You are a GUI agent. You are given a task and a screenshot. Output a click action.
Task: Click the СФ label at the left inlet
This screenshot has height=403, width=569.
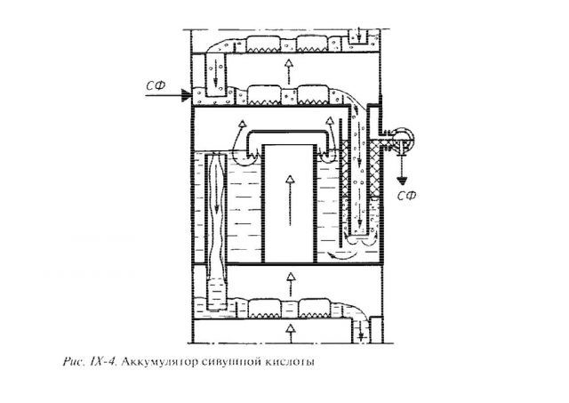pyautogui.click(x=156, y=85)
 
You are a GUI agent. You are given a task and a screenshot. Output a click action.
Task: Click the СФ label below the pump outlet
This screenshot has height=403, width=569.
pyautogui.click(x=406, y=196)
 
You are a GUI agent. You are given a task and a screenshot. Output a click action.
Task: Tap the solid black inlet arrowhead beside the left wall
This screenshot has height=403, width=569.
pyautogui.click(x=186, y=95)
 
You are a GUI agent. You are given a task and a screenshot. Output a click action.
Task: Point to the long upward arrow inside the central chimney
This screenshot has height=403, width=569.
pyautogui.click(x=290, y=200)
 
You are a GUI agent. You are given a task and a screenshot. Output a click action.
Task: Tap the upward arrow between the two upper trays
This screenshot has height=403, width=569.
pyautogui.click(x=289, y=72)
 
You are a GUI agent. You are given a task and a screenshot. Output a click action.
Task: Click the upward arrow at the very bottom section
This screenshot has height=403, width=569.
pyautogui.click(x=290, y=334)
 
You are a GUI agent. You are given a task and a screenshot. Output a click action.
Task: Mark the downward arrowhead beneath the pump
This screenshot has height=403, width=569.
pyautogui.click(x=401, y=181)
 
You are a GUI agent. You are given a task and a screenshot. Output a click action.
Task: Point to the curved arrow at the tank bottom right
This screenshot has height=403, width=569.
pyautogui.click(x=341, y=255)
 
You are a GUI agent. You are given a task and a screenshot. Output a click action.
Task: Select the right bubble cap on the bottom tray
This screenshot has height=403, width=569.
pyautogui.click(x=314, y=308)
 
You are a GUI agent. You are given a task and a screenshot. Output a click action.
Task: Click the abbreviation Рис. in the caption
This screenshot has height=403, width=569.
pyautogui.click(x=74, y=362)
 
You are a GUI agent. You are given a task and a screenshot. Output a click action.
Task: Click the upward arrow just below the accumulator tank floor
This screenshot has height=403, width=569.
pyautogui.click(x=290, y=285)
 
